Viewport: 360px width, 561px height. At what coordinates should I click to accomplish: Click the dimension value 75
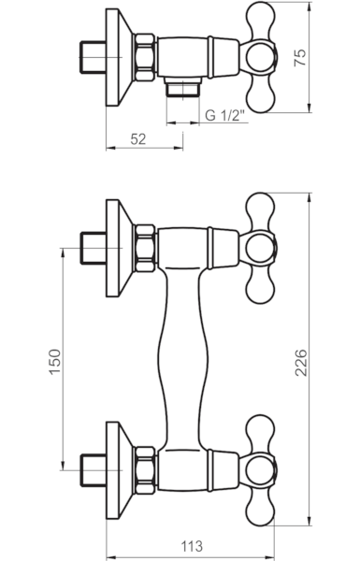(300, 58)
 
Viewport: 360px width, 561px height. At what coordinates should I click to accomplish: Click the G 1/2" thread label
(225, 115)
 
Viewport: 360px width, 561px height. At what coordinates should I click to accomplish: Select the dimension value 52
(138, 139)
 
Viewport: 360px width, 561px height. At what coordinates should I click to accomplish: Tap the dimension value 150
(55, 362)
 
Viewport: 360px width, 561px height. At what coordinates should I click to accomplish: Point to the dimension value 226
(300, 363)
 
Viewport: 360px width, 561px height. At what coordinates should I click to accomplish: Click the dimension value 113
(191, 546)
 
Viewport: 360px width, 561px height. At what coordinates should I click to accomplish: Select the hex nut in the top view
(145, 57)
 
